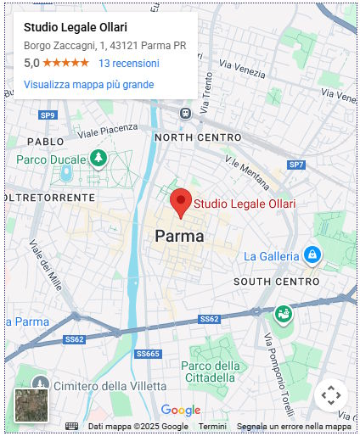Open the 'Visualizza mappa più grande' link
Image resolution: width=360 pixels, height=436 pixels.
pos(88,85)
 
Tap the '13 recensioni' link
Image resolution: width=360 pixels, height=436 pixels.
pos(128,64)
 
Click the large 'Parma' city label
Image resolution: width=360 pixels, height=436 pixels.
pos(179,237)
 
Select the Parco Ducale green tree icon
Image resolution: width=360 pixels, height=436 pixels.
pos(98,159)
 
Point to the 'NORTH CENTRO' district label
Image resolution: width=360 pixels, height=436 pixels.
pos(198,137)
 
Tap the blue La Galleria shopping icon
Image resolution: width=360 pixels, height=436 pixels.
pos(312,254)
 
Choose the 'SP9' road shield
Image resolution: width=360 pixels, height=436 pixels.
pos(48,115)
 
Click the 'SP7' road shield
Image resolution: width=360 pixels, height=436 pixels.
pos(295,165)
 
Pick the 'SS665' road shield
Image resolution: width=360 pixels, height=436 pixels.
pos(147,354)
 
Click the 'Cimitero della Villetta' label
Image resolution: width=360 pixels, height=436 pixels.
pos(104,386)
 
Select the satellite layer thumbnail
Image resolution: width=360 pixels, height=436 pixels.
pos(31,405)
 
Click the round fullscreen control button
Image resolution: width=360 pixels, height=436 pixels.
pos(331,395)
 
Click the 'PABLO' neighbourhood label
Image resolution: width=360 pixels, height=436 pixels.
pos(45,142)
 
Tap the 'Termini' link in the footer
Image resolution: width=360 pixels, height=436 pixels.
pos(212,426)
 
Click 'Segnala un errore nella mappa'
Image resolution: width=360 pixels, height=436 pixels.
pos(294,426)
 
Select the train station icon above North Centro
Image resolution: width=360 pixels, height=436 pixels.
pos(185,113)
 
